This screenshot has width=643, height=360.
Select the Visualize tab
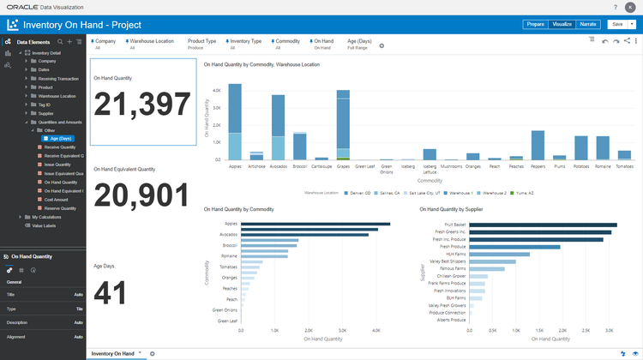562,24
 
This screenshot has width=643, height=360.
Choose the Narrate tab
587,24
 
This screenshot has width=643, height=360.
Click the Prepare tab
535,24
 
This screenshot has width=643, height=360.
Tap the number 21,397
141,105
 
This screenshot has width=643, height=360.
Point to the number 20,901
141,195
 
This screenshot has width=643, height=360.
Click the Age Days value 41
111,293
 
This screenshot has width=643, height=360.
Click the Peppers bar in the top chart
538,145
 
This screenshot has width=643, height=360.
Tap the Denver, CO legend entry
351,193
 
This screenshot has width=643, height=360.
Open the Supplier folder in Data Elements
45,113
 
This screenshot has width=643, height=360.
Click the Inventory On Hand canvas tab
112,353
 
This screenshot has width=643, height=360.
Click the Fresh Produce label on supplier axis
453,246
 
